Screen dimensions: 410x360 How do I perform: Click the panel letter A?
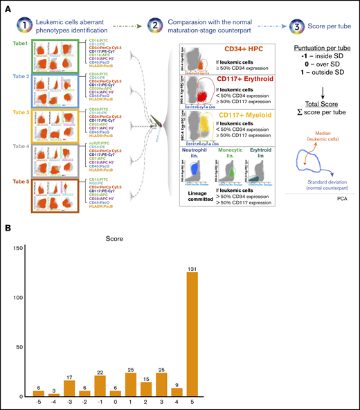[x=8, y=6]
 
